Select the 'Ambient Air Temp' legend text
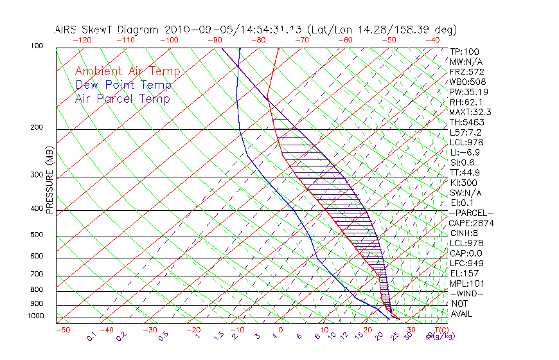[127, 71]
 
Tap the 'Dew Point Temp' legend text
[123, 85]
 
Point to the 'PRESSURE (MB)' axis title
[49, 183]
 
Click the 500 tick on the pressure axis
[37, 235]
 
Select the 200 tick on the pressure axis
[37, 128]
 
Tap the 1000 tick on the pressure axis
[35, 316]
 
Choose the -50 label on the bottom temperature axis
[62, 329]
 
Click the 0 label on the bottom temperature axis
[281, 329]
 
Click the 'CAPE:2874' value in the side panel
[471, 223]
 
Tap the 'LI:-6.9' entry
[464, 152]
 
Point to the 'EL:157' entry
[462, 273]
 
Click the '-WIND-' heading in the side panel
[467, 293]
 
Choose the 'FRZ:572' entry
[466, 72]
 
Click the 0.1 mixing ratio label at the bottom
[92, 336]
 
